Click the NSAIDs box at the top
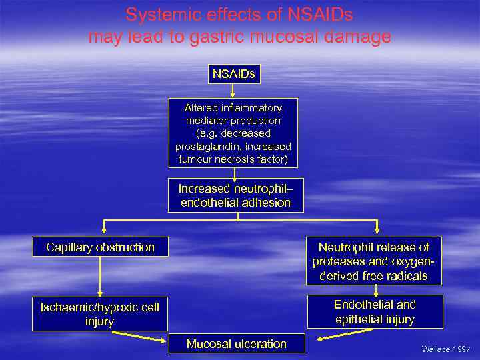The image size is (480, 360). [233, 74]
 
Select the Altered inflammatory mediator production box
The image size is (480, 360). [233, 133]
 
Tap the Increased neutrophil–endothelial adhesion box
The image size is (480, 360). [236, 195]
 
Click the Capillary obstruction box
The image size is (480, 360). [101, 247]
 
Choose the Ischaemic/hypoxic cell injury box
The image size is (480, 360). [100, 314]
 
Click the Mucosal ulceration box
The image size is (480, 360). [237, 344]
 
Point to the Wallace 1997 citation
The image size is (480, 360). [445, 349]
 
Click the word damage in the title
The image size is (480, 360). [359, 37]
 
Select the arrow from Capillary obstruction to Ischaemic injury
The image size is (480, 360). [101, 277]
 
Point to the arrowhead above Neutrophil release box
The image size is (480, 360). [378, 231]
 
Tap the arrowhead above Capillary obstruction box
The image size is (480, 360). [103, 231]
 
